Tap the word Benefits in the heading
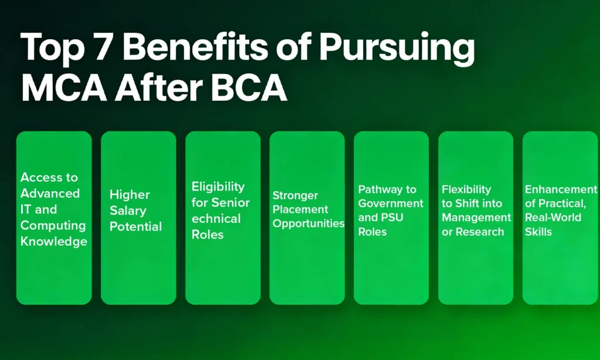tap(195, 47)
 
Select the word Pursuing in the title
tap(397, 50)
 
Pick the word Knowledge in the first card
tap(54, 242)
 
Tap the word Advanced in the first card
tap(50, 193)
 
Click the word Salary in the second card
tap(128, 211)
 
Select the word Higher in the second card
tap(129, 195)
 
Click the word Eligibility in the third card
tap(218, 187)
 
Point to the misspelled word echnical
tap(216, 219)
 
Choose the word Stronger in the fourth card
tap(295, 196)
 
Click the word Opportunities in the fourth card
tap(308, 223)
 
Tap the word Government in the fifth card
tap(391, 203)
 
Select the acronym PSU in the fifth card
tap(392, 218)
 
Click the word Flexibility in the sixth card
tap(466, 190)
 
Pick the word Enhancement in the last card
tap(561, 189)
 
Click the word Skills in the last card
tap(538, 232)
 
